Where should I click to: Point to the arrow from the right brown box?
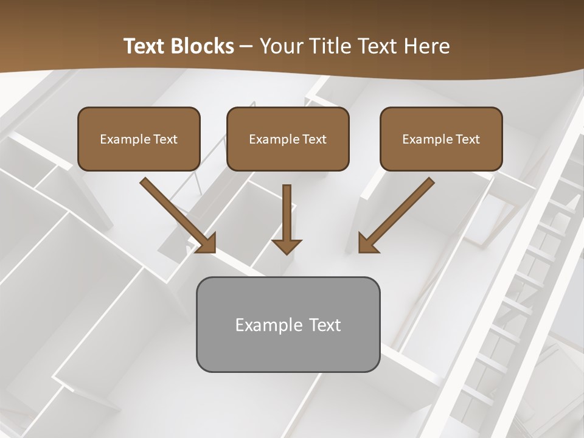tap(398, 213)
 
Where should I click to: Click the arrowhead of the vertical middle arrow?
tap(287, 246)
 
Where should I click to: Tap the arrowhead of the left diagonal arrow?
tap(207, 243)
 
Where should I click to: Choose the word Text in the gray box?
tap(325, 325)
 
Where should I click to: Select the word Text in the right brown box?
tap(467, 139)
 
